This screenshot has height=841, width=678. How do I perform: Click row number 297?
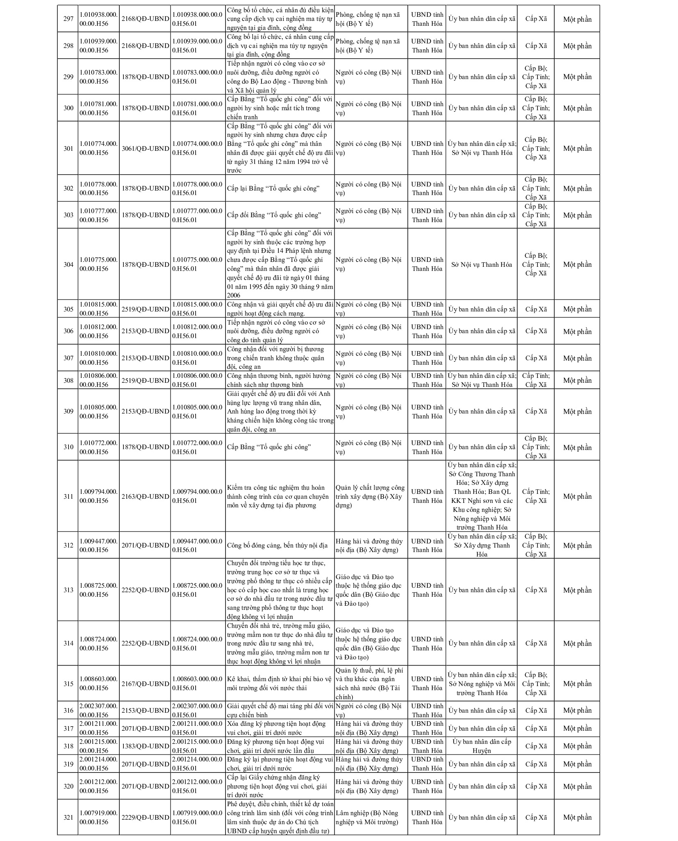(x=68, y=19)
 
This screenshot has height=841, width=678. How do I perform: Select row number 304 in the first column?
(x=68, y=264)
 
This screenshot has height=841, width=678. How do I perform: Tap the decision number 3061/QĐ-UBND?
(x=145, y=148)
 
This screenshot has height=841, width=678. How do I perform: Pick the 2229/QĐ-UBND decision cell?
(x=145, y=817)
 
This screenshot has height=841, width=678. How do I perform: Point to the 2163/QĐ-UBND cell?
(x=145, y=496)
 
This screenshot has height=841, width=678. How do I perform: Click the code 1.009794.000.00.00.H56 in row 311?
(x=98, y=496)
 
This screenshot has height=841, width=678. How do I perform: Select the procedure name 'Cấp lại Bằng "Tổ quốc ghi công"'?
(x=273, y=189)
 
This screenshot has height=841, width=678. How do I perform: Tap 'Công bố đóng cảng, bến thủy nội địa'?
(x=277, y=545)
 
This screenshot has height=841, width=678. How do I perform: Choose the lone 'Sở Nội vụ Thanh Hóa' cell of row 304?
(x=481, y=264)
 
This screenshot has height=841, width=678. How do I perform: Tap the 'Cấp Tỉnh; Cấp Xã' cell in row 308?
(x=536, y=380)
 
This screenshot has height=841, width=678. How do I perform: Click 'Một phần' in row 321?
(x=577, y=817)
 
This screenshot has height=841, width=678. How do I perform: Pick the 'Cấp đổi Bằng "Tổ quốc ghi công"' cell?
(x=274, y=215)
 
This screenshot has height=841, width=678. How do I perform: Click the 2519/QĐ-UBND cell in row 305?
(x=145, y=309)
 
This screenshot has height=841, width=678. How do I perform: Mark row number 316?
(x=68, y=710)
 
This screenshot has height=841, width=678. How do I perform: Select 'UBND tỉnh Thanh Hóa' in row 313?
(x=427, y=590)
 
